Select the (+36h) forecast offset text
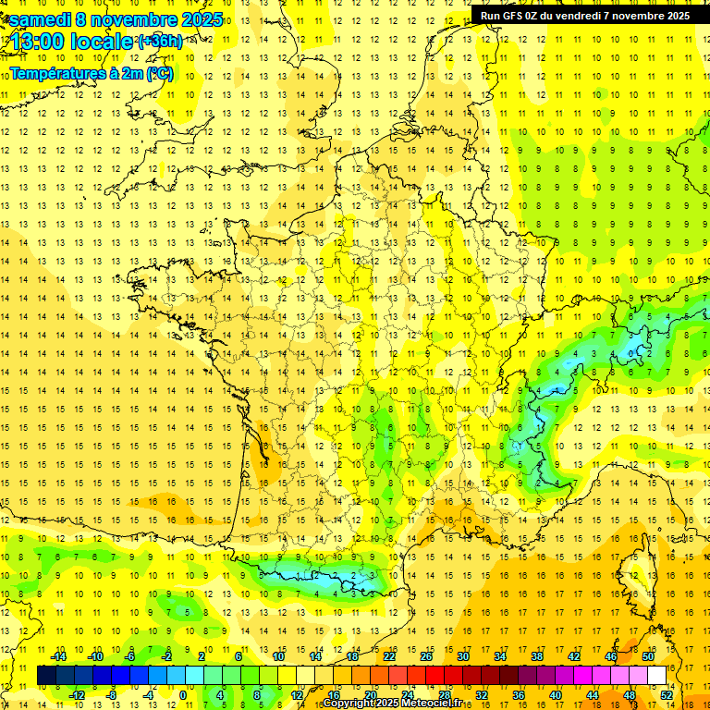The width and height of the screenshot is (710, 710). [x=159, y=42]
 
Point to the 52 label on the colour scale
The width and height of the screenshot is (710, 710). [x=667, y=695]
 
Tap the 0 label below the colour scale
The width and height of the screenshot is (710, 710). [x=183, y=695]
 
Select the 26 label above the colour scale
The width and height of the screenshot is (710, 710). [x=426, y=656]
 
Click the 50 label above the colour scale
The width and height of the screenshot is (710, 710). [x=648, y=656]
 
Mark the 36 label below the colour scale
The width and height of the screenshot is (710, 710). [x=519, y=695]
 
